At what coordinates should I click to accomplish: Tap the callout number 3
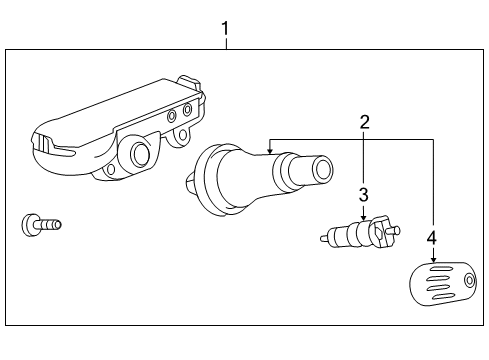(x=364, y=193)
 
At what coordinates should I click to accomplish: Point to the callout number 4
(x=432, y=238)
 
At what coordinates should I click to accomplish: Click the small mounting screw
(x=40, y=223)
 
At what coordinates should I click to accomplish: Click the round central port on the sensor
(x=140, y=154)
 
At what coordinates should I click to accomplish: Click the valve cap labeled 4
(x=441, y=282)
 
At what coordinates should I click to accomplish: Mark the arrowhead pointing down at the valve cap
(x=433, y=258)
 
